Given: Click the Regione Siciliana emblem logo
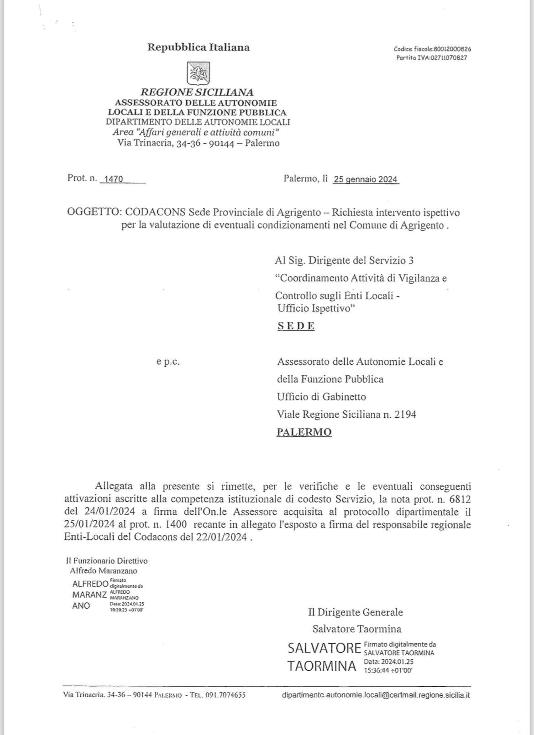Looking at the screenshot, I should point(198,73).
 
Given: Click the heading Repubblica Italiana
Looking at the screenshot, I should point(198,47).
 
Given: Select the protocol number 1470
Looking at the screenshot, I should point(114,179).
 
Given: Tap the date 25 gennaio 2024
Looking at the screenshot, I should point(366,179).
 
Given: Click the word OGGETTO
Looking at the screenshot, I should point(93,212).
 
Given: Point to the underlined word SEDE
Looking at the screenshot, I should point(296,326).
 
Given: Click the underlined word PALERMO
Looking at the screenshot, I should point(304,432).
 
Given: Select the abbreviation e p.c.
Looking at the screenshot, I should point(168,362).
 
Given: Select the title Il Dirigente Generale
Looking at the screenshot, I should point(355,612).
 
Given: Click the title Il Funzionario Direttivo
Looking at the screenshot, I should point(107,561).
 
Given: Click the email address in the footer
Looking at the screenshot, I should point(376,695).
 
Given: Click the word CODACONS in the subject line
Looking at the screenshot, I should point(155,212).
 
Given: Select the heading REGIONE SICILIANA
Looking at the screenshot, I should point(197,92).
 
